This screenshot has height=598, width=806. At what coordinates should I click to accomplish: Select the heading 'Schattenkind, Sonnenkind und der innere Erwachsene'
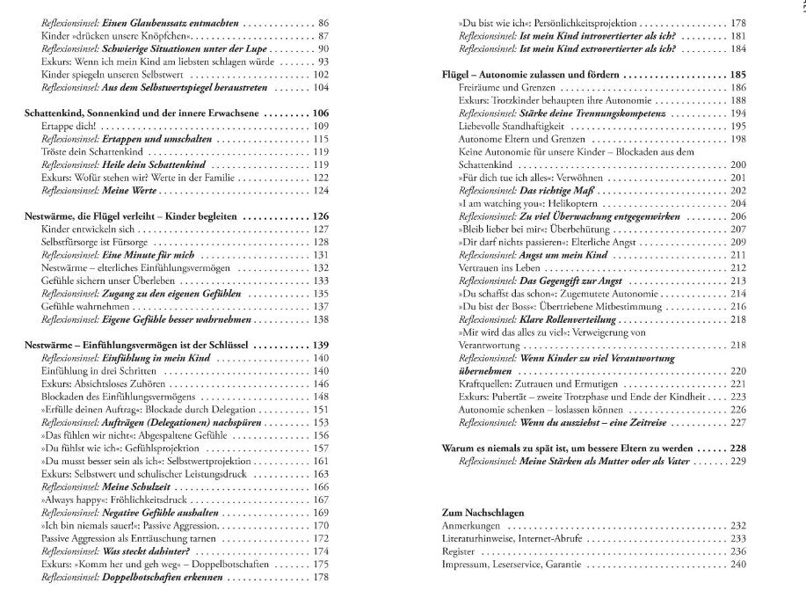tap(142, 114)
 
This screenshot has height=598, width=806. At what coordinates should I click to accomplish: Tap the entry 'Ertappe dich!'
tap(71, 127)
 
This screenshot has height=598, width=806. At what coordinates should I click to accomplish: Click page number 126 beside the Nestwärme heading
tap(320, 216)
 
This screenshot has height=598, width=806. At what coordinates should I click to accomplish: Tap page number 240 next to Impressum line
tap(737, 564)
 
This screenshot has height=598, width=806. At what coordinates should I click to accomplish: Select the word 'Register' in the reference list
tap(457, 551)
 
